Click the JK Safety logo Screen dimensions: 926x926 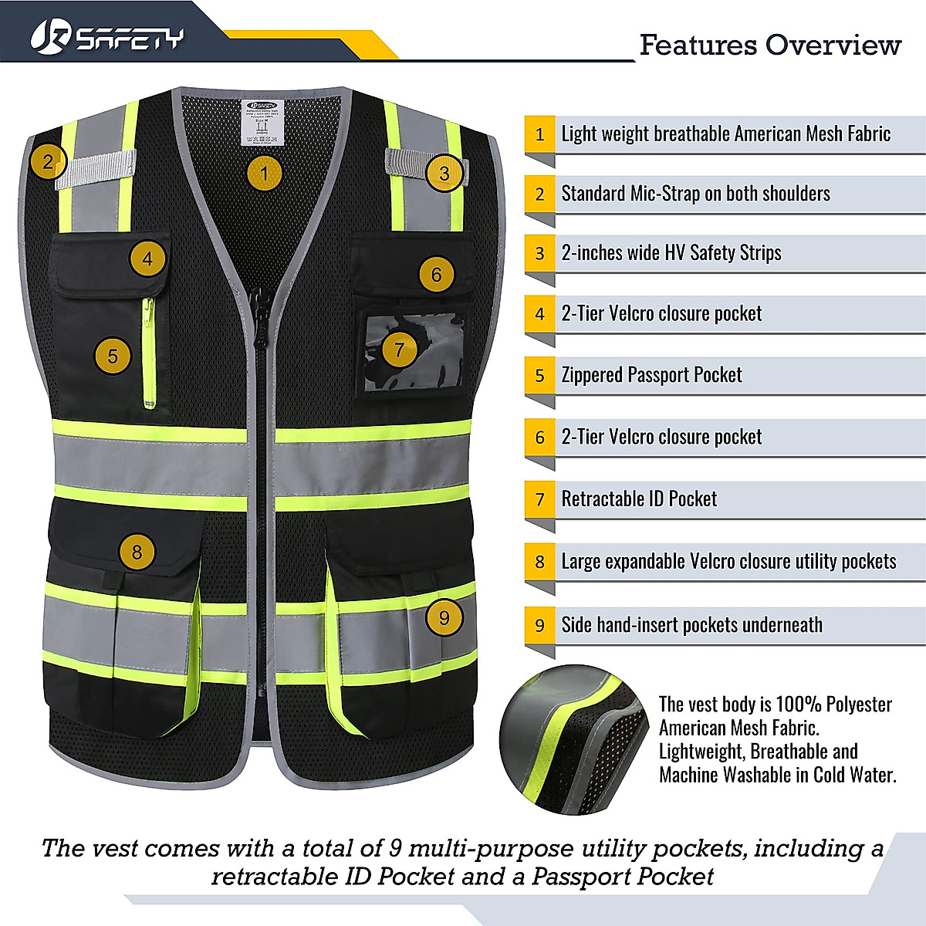coord(107,37)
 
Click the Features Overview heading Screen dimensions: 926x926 coord(769,45)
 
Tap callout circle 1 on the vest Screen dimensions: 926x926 coord(264,174)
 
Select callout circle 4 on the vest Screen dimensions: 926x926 coord(147,259)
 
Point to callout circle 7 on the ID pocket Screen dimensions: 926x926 coord(399,350)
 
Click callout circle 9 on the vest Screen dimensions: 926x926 coord(444,617)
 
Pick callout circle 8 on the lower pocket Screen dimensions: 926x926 coord(137,552)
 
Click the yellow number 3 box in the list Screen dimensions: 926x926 coord(540,253)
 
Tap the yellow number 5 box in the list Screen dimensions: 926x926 coord(540,375)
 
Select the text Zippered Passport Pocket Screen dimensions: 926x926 coord(651,375)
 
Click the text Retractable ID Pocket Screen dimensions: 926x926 coord(639,499)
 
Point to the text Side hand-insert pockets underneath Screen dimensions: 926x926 coord(691,625)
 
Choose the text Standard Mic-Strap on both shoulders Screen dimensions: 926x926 coord(695,193)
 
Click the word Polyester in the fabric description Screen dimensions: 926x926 coord(858,705)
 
